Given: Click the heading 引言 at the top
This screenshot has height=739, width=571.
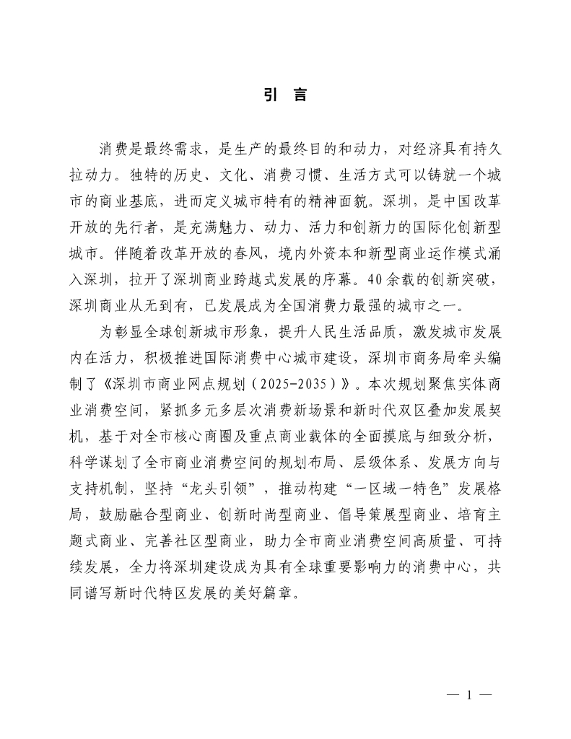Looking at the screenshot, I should [x=285, y=95].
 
